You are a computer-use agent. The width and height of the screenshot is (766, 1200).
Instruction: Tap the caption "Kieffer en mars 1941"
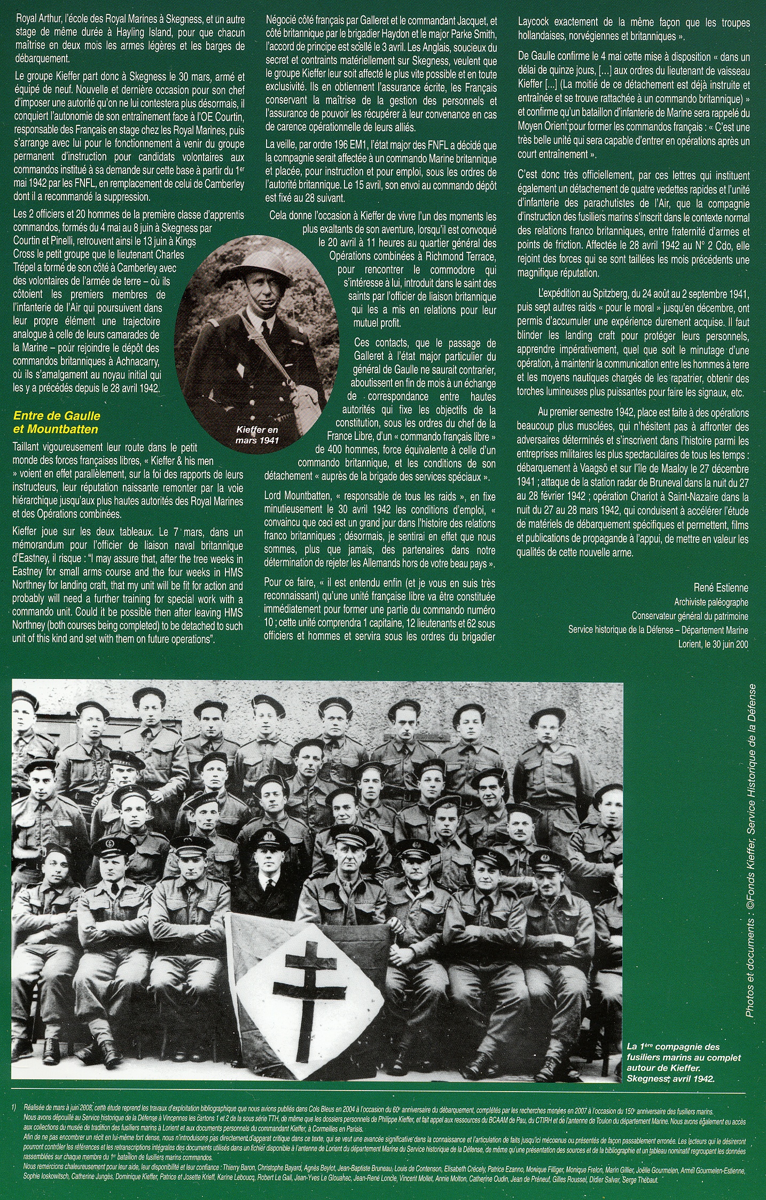click(x=257, y=433)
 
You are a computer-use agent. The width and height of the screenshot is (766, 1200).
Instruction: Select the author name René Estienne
click(x=721, y=588)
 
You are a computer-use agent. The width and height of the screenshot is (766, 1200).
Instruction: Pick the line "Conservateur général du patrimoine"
click(x=690, y=616)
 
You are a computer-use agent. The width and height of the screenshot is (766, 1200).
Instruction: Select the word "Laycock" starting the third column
click(x=534, y=23)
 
